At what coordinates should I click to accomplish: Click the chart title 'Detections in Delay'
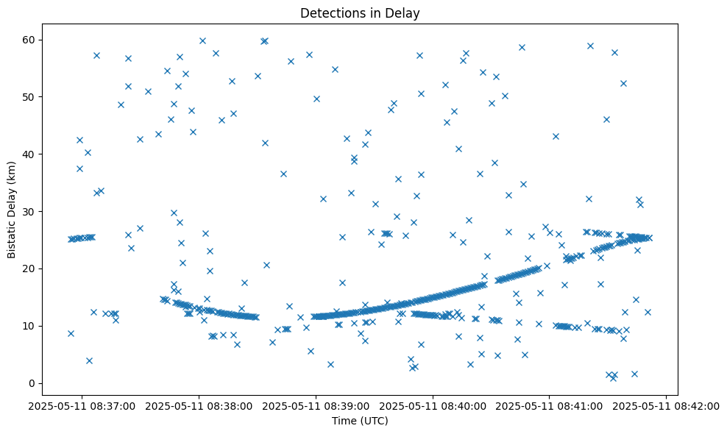coord(360,13)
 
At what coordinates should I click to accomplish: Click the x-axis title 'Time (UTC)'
coord(360,421)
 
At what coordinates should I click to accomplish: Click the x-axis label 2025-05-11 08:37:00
coord(82,405)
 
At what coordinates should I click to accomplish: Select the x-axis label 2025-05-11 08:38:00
coord(199,405)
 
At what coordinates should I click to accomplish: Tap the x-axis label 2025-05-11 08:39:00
coord(316,405)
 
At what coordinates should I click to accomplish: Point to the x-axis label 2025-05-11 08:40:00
coord(433,405)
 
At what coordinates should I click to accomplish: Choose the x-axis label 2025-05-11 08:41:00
coord(550,405)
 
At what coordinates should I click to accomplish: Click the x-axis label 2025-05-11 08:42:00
coord(667,405)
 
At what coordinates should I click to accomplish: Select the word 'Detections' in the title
coord(330,13)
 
